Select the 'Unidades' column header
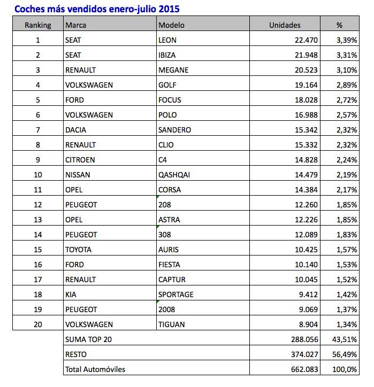coord(285,25)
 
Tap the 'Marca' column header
coord(76,25)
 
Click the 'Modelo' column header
coord(171,25)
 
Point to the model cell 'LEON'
coord(168,40)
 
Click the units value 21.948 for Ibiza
coord(304,55)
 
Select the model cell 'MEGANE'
coord(174,69)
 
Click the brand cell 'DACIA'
coord(75,129)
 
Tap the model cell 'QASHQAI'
coord(174,174)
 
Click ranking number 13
coord(37,219)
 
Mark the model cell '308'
coord(165,234)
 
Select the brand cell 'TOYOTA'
coord(78,249)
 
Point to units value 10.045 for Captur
coord(304,279)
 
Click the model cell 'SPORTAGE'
coord(176,294)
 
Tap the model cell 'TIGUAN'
coord(172,324)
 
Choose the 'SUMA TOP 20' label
coord(88,339)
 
